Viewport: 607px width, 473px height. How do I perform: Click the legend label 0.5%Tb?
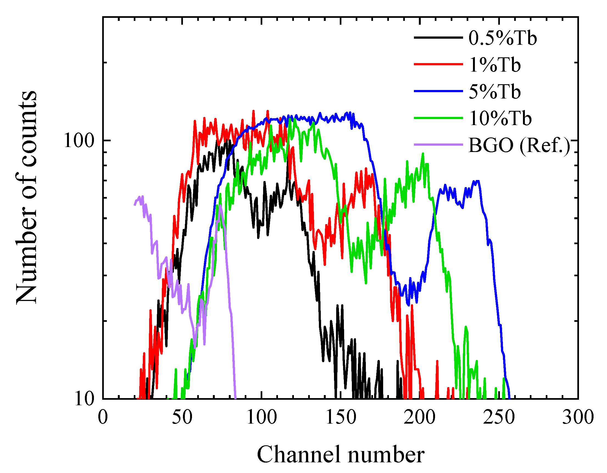503,38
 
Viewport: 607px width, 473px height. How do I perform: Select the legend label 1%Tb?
495,65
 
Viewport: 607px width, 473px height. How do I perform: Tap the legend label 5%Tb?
495,92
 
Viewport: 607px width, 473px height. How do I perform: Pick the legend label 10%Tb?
500,119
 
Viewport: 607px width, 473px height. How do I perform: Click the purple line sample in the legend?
438,145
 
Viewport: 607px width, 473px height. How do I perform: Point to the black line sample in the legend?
438,38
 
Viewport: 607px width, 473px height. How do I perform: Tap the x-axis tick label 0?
103,417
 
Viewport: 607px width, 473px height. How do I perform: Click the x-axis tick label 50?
182,417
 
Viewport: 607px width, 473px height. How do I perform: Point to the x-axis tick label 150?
341,417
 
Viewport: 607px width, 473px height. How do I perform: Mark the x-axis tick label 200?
420,417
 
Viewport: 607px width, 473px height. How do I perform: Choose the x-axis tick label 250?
499,417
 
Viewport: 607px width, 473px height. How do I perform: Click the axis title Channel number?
341,455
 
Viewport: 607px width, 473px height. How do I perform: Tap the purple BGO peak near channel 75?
220,206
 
